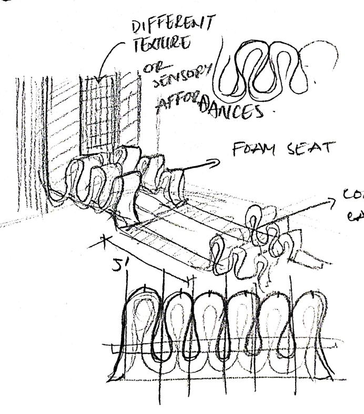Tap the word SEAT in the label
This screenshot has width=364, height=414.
tap(311, 148)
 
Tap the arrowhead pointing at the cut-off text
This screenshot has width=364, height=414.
tap(332, 201)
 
